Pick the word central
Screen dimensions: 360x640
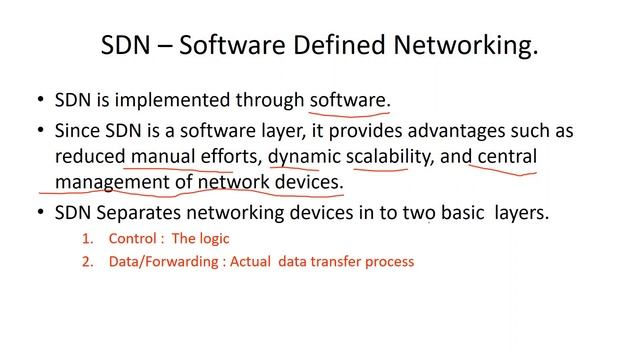click(x=507, y=157)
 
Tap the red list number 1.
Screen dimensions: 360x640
click(x=86, y=239)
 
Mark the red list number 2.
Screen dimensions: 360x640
click(x=86, y=262)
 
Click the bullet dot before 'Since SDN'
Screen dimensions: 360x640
click(x=40, y=131)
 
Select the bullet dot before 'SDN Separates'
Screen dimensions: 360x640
click(x=40, y=213)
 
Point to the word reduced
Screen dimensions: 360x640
click(x=89, y=157)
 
